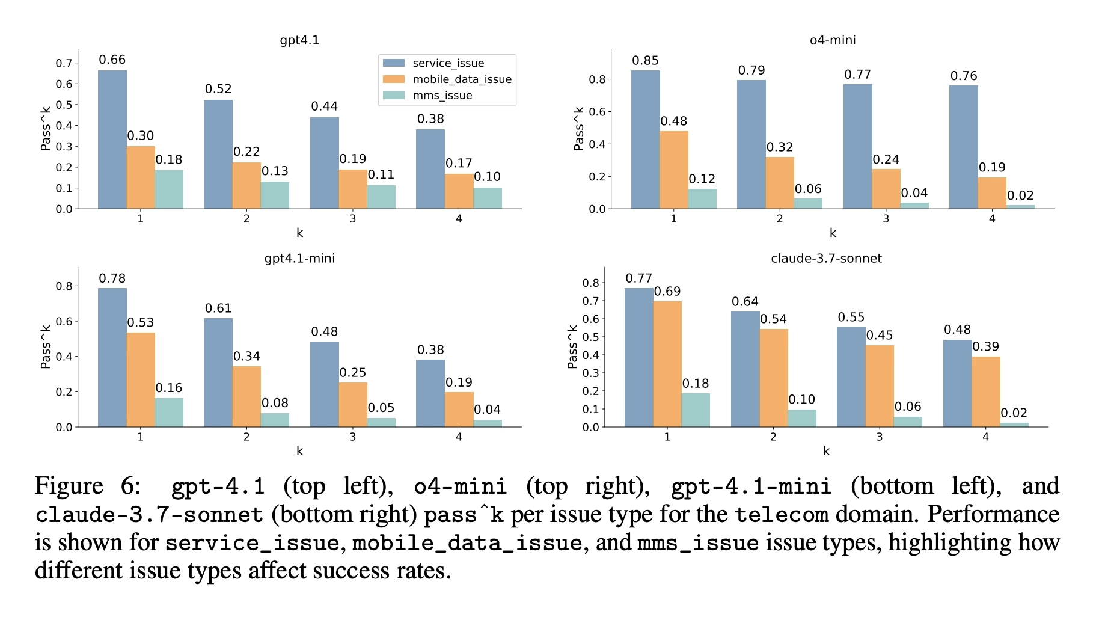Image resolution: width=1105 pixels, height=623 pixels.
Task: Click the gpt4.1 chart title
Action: [x=299, y=40]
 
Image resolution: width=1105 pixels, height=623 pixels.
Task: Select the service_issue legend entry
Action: [x=448, y=63]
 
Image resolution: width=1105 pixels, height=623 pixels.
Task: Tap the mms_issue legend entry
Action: [x=442, y=96]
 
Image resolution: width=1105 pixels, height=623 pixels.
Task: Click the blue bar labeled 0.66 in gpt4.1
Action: [x=112, y=140]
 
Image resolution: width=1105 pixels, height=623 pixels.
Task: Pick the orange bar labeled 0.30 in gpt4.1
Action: [x=141, y=177]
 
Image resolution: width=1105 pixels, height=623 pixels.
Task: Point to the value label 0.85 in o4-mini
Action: [x=645, y=61]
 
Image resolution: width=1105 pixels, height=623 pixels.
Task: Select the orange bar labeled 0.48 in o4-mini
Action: [x=674, y=170]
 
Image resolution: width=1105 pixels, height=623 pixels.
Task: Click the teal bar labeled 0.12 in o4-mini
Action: [x=702, y=199]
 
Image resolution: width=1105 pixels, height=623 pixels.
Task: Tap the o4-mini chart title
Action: [x=832, y=40]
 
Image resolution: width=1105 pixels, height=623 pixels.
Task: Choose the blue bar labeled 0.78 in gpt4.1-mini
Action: [x=112, y=357]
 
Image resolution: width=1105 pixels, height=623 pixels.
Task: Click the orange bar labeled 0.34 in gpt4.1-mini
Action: [x=246, y=396]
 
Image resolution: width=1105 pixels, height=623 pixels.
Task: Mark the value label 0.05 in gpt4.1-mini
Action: [x=381, y=408]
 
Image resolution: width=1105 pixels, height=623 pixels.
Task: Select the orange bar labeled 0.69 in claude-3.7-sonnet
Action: [x=667, y=364]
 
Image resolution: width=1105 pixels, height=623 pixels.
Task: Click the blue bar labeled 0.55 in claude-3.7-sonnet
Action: [x=851, y=377]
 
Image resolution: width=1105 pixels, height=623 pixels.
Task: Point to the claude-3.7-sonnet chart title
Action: [x=826, y=259]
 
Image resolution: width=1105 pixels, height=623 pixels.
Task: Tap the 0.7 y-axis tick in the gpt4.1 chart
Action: [x=64, y=63]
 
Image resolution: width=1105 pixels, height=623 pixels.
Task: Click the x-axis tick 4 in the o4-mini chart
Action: [x=992, y=219]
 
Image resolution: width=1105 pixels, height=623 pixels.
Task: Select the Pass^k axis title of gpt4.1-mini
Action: [x=46, y=347]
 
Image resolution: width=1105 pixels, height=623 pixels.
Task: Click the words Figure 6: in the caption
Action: [x=88, y=486]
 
